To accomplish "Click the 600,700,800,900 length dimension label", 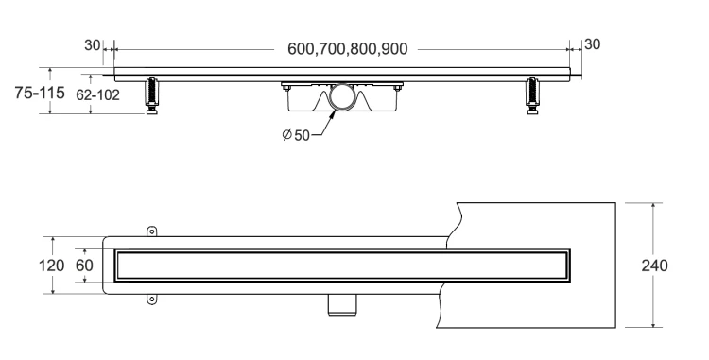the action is (x=347, y=49).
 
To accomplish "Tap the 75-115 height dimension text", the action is (x=40, y=93).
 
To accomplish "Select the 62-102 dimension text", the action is (x=97, y=94).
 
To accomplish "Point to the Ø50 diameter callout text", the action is (x=296, y=134).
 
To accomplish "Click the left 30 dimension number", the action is (x=93, y=45).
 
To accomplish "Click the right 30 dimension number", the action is (x=593, y=44).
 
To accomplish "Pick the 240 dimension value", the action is (x=654, y=266).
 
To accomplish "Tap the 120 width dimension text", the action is (x=51, y=266).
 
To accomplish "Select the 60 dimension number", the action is (x=84, y=266).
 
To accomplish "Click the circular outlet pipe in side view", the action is (x=341, y=96).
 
